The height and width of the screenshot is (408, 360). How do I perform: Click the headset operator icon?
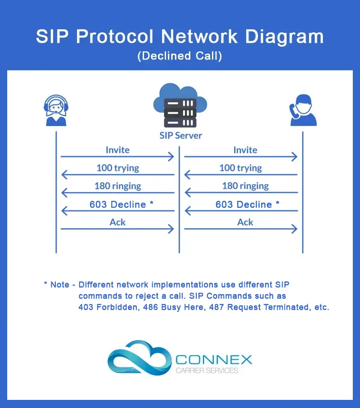(x=56, y=110)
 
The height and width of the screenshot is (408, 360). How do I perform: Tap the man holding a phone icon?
(x=303, y=110)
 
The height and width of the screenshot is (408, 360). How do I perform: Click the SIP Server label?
(x=181, y=135)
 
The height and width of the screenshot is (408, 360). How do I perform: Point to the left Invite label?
(x=117, y=150)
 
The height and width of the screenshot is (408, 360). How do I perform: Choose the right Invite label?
(x=245, y=150)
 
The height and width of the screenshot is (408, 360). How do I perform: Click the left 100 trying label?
(x=118, y=168)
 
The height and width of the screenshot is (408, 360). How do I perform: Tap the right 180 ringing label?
(x=245, y=186)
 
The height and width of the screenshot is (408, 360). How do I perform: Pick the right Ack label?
(x=245, y=222)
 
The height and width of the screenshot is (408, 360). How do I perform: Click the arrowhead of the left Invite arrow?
(x=171, y=157)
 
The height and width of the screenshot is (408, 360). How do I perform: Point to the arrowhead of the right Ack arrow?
(x=294, y=229)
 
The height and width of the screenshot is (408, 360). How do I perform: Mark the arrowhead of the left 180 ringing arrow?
(x=64, y=193)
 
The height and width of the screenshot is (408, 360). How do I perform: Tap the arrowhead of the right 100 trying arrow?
(x=188, y=175)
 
